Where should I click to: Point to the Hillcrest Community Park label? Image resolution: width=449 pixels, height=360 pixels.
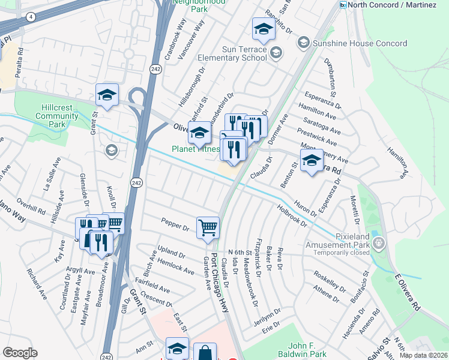point(57,115)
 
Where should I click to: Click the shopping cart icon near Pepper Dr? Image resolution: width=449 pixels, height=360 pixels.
point(208,227)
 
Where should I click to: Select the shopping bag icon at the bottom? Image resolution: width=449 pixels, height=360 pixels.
point(204,352)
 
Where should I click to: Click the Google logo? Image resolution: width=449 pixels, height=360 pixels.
point(20,353)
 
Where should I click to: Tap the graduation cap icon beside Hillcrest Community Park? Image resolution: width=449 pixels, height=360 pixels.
point(107,95)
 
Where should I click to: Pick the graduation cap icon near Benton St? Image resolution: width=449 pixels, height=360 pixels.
point(312,160)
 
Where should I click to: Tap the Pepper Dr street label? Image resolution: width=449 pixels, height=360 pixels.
point(175,224)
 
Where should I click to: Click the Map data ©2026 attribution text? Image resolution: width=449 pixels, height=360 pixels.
point(423,355)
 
